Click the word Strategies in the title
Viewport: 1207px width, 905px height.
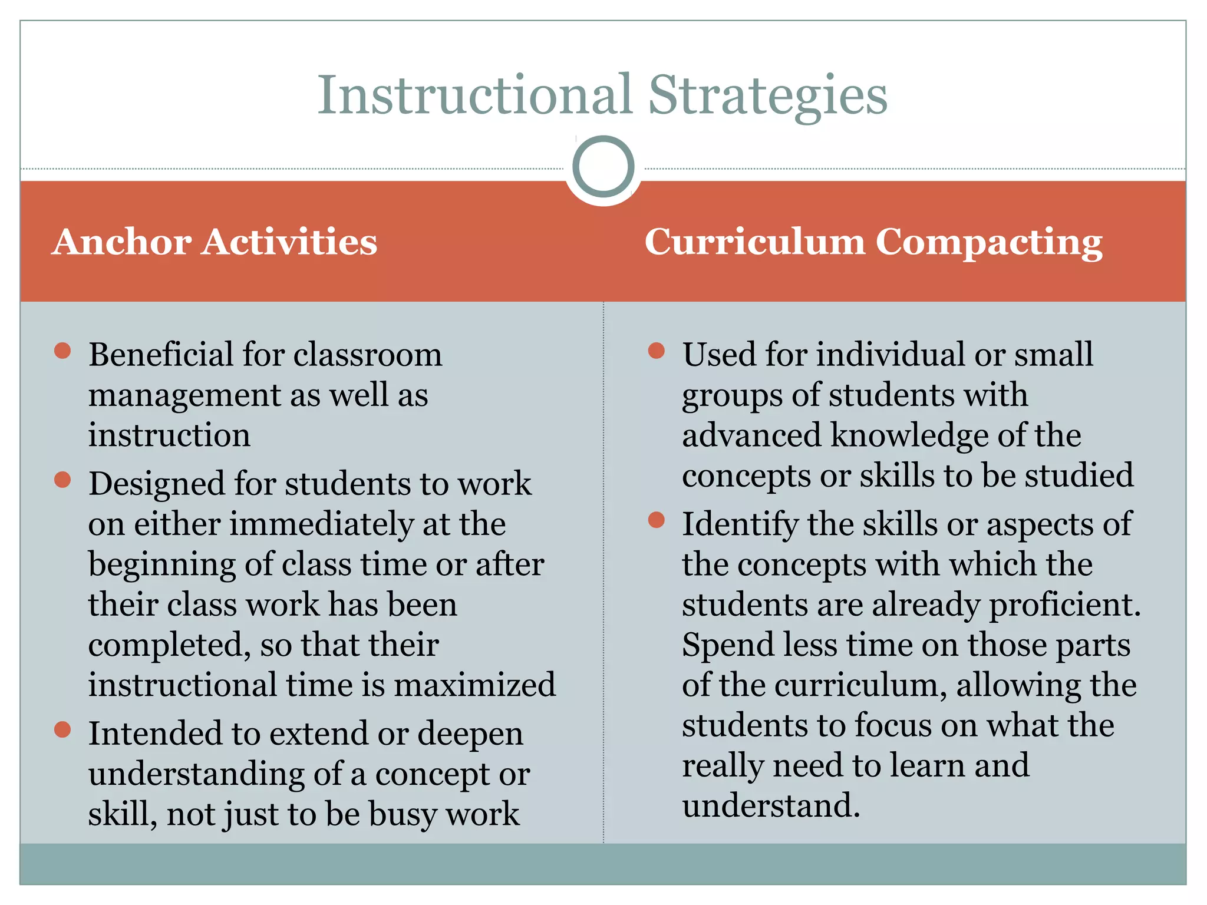coord(767,95)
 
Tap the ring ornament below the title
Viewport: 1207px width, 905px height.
coord(603,167)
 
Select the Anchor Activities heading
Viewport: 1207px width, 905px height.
coord(215,242)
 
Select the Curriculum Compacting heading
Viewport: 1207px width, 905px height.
coord(873,242)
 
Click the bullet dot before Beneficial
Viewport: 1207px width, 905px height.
coord(62,351)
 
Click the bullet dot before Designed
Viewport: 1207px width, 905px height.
coord(62,480)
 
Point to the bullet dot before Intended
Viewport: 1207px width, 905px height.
coord(62,729)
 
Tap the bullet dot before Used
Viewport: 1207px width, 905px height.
coord(656,351)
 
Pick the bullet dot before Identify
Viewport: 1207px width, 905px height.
coord(656,520)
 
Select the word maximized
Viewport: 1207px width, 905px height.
coord(474,685)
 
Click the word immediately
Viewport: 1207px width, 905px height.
coord(321,524)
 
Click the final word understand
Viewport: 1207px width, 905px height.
coord(770,806)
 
